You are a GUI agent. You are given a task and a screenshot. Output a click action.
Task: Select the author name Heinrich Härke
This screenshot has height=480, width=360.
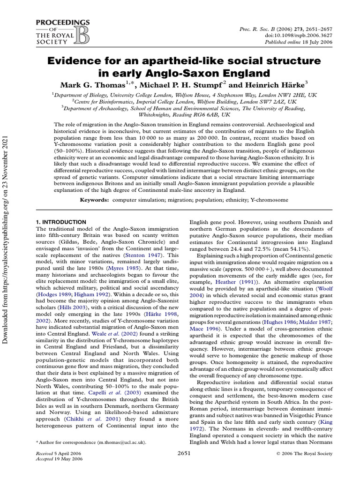point(282,84)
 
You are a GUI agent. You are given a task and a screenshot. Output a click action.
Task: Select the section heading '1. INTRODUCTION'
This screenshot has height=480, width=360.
point(61,222)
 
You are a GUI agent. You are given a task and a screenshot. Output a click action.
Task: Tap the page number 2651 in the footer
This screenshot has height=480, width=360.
point(185,453)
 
